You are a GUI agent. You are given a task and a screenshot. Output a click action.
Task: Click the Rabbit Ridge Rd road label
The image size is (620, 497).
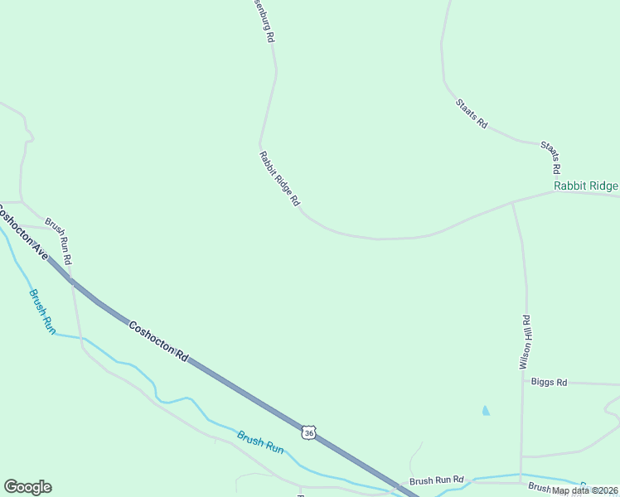point(279,178)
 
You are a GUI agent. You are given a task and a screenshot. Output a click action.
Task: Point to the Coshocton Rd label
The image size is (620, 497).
point(157,340)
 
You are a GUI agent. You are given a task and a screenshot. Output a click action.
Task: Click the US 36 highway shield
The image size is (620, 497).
point(308,432)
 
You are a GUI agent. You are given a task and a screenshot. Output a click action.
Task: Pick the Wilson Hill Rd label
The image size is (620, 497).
point(525,341)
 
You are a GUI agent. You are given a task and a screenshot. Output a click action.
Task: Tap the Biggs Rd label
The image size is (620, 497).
point(550,382)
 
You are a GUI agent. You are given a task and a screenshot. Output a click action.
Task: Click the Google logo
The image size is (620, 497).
point(27,487)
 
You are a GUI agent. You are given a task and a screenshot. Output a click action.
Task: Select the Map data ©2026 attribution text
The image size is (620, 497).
point(585,490)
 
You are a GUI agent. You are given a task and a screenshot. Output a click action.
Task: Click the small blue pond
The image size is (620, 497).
point(485,410)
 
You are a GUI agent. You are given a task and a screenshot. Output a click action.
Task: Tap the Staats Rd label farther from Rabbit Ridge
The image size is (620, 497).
point(471,113)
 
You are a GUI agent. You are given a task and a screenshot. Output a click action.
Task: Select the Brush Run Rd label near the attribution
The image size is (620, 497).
point(436,480)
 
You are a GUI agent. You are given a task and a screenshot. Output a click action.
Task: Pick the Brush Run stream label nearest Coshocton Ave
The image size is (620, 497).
point(41,311)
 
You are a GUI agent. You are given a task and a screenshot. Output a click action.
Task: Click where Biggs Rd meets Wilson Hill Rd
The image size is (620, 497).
point(523,382)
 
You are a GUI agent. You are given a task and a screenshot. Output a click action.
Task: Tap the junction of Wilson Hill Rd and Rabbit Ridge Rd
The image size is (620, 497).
point(513,201)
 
